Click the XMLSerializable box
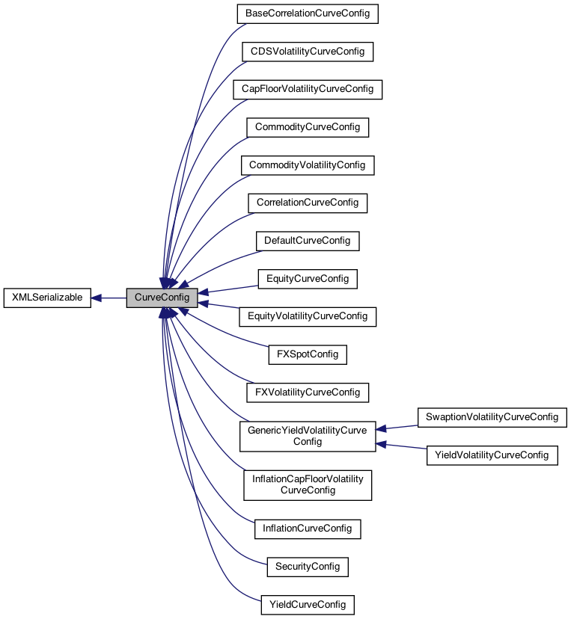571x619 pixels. click(47, 298)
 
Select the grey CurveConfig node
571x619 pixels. click(162, 298)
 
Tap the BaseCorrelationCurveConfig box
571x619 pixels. click(307, 13)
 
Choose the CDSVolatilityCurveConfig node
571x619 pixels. click(307, 52)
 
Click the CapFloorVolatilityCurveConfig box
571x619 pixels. click(307, 89)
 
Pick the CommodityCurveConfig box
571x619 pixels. click(307, 127)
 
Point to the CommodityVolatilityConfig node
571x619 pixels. click(307, 164)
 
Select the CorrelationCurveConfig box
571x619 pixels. click(307, 203)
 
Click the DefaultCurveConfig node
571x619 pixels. click(307, 241)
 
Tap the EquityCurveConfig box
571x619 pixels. click(307, 278)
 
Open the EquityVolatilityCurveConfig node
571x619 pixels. click(307, 316)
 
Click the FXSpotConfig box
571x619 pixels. click(307, 354)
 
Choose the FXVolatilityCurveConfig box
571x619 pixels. click(307, 392)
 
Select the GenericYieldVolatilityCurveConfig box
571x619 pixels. click(307, 435)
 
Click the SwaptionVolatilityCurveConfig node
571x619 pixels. click(492, 416)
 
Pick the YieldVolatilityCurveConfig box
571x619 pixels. click(492, 455)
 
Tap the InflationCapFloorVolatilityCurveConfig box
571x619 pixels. click(307, 484)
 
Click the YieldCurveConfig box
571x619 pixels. click(307, 604)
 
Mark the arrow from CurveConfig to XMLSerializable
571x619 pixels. click(109, 298)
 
